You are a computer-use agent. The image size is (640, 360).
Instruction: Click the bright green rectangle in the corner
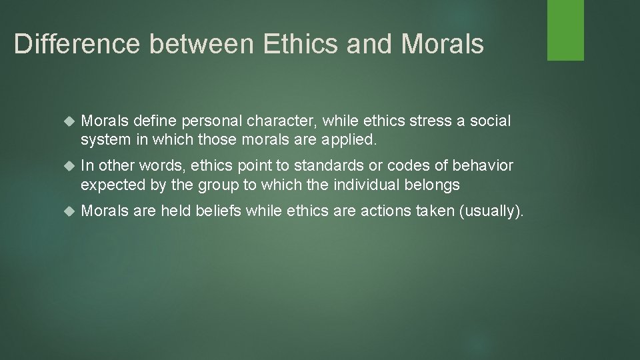[x=565, y=30]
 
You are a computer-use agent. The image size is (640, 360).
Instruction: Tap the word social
[x=491, y=121]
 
